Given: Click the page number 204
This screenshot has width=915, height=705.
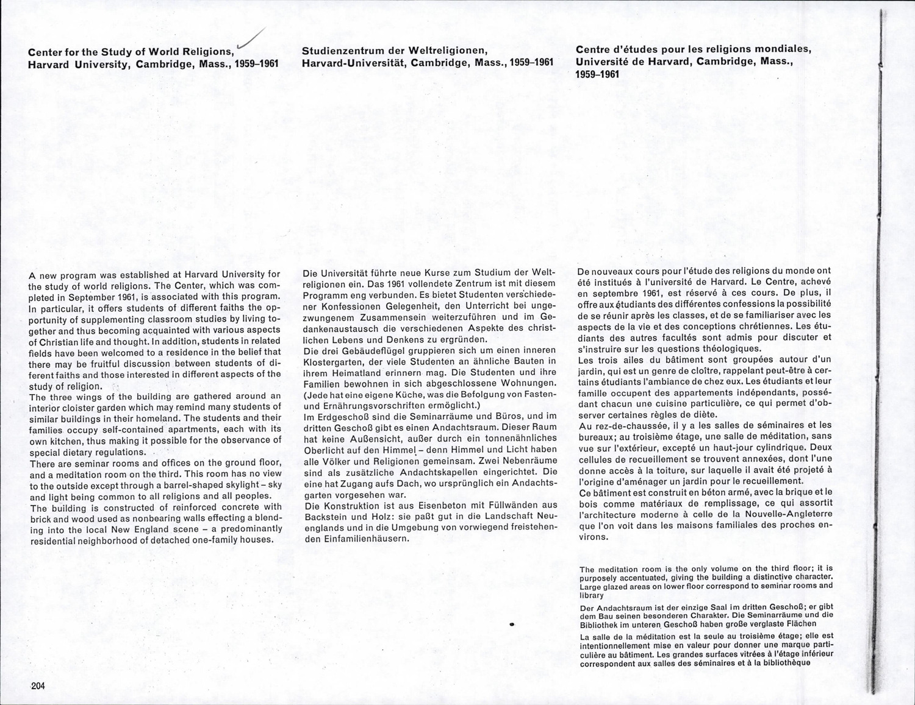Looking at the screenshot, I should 38,686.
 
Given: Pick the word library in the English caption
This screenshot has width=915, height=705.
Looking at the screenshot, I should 591,595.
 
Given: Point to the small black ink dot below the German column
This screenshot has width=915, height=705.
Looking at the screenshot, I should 512,625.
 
